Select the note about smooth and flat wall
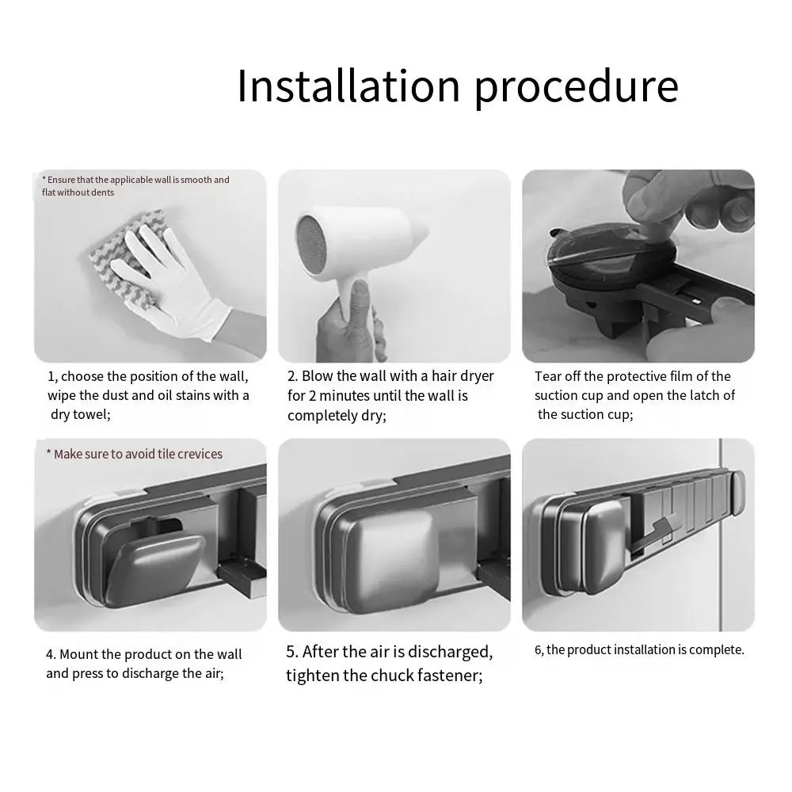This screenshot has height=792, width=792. pos(135,185)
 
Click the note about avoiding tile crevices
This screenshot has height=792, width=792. pos(135,454)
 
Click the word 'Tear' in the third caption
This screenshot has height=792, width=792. pos(548,376)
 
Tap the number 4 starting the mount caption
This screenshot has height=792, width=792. pos(50,654)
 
